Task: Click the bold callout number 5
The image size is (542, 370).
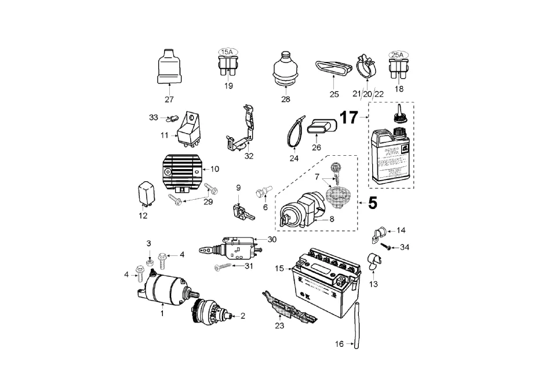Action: (x=372, y=203)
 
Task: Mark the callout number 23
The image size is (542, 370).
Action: (x=280, y=325)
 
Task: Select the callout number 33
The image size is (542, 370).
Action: (x=154, y=118)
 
